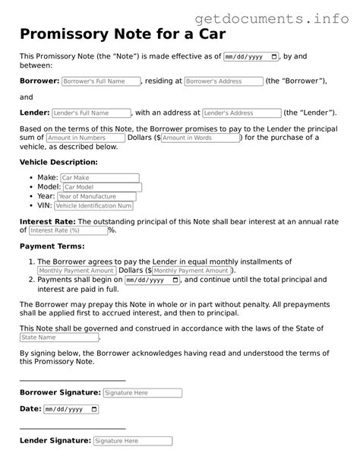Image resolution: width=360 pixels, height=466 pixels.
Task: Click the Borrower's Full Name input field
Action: [100, 81]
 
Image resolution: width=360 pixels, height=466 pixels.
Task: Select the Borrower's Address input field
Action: [223, 81]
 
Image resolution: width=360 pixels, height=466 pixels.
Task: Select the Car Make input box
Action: [99, 177]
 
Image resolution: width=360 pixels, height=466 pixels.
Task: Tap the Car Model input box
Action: [101, 187]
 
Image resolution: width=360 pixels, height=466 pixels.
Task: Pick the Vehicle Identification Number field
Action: [93, 205]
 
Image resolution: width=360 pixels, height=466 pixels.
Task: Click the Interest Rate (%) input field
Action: [68, 230]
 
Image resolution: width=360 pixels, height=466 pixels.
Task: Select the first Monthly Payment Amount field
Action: [76, 271]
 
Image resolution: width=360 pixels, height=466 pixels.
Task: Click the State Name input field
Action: [59, 337]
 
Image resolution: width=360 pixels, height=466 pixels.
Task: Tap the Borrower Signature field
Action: [142, 393]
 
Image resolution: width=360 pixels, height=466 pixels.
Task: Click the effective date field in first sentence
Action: [251, 57]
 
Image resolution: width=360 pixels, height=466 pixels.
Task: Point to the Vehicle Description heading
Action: [58, 162]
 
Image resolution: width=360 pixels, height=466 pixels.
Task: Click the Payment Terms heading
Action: [52, 246]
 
